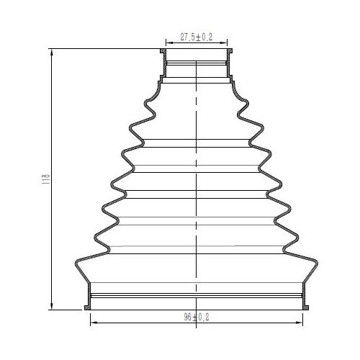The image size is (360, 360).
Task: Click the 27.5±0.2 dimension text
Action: pos(196,37)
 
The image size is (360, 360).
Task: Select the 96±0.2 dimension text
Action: pos(197,317)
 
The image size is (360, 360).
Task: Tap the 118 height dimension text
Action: pos(45,179)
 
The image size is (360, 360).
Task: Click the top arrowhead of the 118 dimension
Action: pos(52,52)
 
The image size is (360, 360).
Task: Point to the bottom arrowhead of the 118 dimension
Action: pos(52,307)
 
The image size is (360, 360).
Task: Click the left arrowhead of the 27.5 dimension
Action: pos(169,43)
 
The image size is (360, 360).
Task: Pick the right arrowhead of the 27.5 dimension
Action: pos(224,43)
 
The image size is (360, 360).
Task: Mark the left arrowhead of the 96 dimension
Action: pos(94,323)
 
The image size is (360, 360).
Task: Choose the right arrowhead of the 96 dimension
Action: pos(300,323)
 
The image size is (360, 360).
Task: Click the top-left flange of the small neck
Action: pos(163,51)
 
